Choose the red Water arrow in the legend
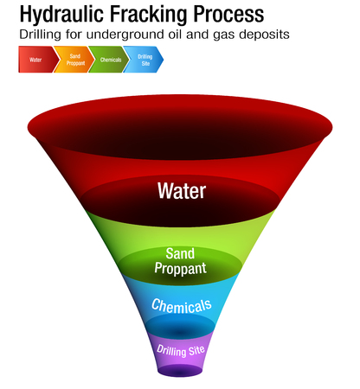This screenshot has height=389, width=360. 35,61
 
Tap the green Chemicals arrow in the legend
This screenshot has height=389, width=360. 109,61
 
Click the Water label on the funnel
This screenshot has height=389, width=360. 181,190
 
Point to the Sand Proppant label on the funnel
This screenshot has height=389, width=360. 181,261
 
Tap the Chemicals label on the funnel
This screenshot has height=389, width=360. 180,305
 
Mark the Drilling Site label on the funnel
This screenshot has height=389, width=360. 180,349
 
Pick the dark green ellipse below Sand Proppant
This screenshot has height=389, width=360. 181,275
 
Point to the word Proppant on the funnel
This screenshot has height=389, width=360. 181,268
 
